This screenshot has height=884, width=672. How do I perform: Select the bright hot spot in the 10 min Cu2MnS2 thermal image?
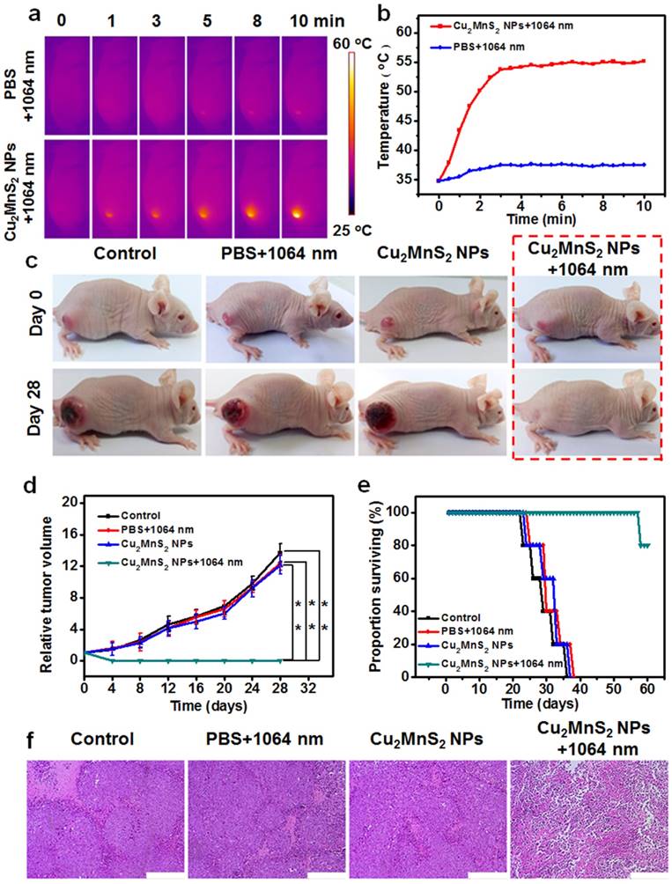click(297, 212)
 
